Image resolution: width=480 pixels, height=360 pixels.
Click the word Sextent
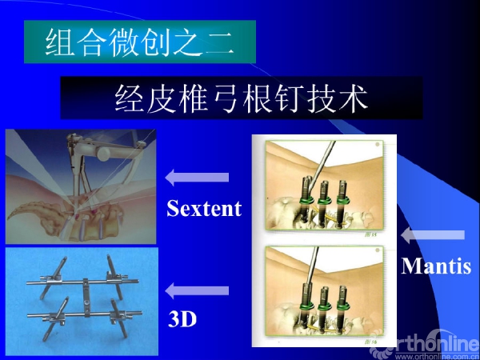pos(204,208)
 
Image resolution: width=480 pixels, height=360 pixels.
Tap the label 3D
pos(182,319)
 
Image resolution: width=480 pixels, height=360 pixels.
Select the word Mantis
pos(436,266)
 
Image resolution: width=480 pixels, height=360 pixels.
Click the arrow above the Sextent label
pos(197,178)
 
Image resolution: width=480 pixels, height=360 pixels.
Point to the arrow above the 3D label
pos(197,290)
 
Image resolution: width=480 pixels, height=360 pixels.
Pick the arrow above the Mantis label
pos(433,235)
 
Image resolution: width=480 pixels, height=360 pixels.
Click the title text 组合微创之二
pos(140,42)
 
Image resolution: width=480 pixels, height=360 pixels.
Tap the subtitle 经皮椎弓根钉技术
pos(242,98)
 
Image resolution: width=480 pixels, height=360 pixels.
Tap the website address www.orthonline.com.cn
pos(437,357)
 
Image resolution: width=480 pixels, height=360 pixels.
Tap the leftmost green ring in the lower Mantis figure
pos(306,306)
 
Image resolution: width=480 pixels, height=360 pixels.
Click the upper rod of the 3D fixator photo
pos(82,282)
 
